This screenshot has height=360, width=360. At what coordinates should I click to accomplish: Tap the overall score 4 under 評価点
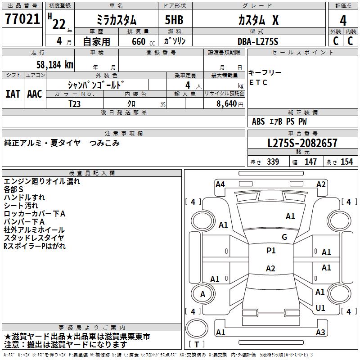tap(343, 20)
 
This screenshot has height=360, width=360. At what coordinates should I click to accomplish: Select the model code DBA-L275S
tap(258, 41)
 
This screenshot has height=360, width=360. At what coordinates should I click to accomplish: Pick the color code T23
tap(75, 103)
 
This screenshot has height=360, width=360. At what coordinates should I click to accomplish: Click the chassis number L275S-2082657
tap(302, 144)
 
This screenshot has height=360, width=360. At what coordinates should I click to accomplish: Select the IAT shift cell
tap(13, 94)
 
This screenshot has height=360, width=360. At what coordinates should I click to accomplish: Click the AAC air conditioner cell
tap(35, 94)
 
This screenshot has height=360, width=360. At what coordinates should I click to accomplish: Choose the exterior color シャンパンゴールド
tap(95, 85)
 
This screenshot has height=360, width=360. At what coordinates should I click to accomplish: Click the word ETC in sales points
tap(258, 82)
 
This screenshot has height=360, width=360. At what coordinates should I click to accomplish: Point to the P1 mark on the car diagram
tap(271, 251)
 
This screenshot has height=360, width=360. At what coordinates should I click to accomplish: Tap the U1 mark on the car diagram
tap(320, 308)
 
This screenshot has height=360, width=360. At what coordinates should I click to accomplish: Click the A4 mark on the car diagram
tap(220, 184)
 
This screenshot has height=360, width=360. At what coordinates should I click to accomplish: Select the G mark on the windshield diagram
tap(284, 237)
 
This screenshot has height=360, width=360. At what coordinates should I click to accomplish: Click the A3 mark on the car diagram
tap(320, 333)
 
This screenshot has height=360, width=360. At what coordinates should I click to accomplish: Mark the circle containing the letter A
tap(202, 294)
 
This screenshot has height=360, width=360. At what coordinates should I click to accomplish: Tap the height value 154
tap(346, 162)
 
